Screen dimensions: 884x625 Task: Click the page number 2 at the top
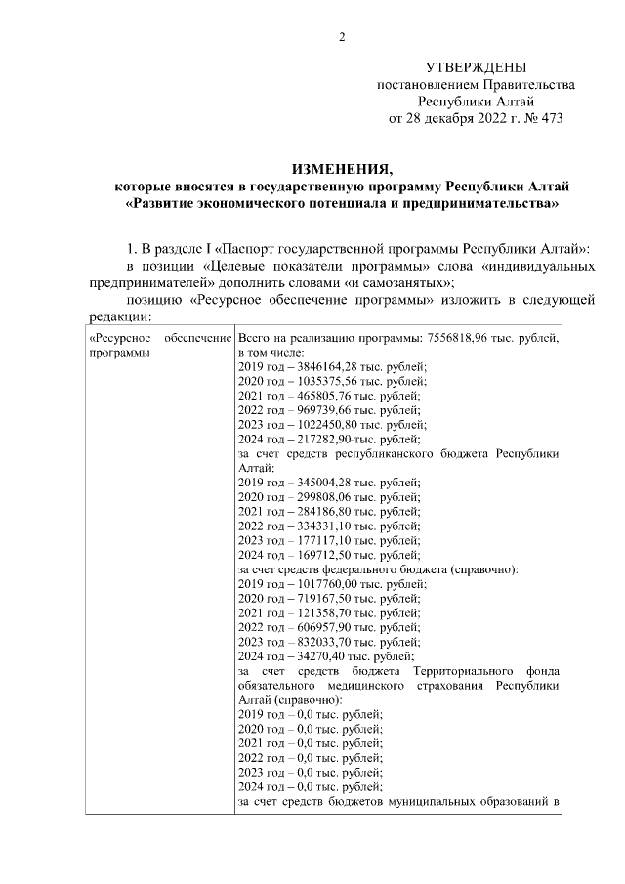click(341, 38)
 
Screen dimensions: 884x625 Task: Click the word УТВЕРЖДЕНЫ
click(476, 67)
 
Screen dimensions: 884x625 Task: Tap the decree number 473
click(550, 118)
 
